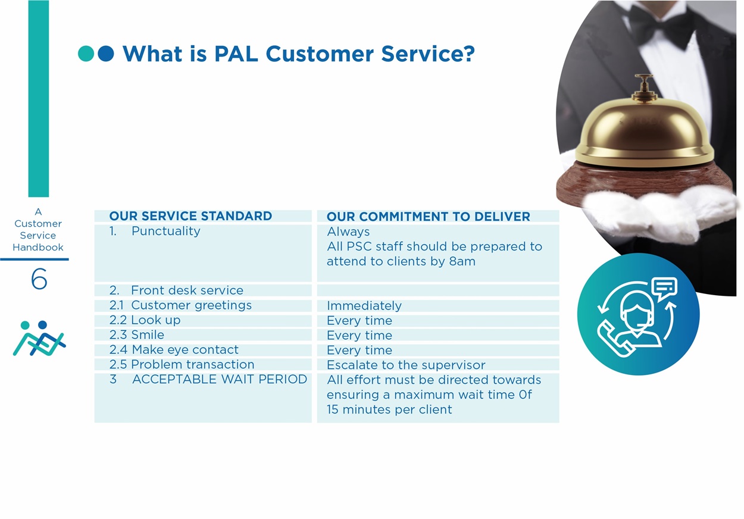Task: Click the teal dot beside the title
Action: (86, 54)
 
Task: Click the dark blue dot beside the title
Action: (106, 54)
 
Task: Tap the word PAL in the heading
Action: (236, 54)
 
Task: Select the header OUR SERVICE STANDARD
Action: (190, 216)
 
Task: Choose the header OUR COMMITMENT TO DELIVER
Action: (429, 217)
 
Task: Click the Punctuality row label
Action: (165, 231)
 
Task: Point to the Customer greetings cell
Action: (191, 305)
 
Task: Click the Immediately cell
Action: (364, 306)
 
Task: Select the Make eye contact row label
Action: (185, 349)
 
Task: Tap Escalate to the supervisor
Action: (406, 365)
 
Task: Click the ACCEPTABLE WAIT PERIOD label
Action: (220, 379)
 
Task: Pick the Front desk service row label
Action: (187, 290)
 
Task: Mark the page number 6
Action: (39, 279)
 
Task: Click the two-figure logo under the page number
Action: (39, 338)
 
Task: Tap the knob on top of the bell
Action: (644, 86)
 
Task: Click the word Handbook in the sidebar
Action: (38, 248)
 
